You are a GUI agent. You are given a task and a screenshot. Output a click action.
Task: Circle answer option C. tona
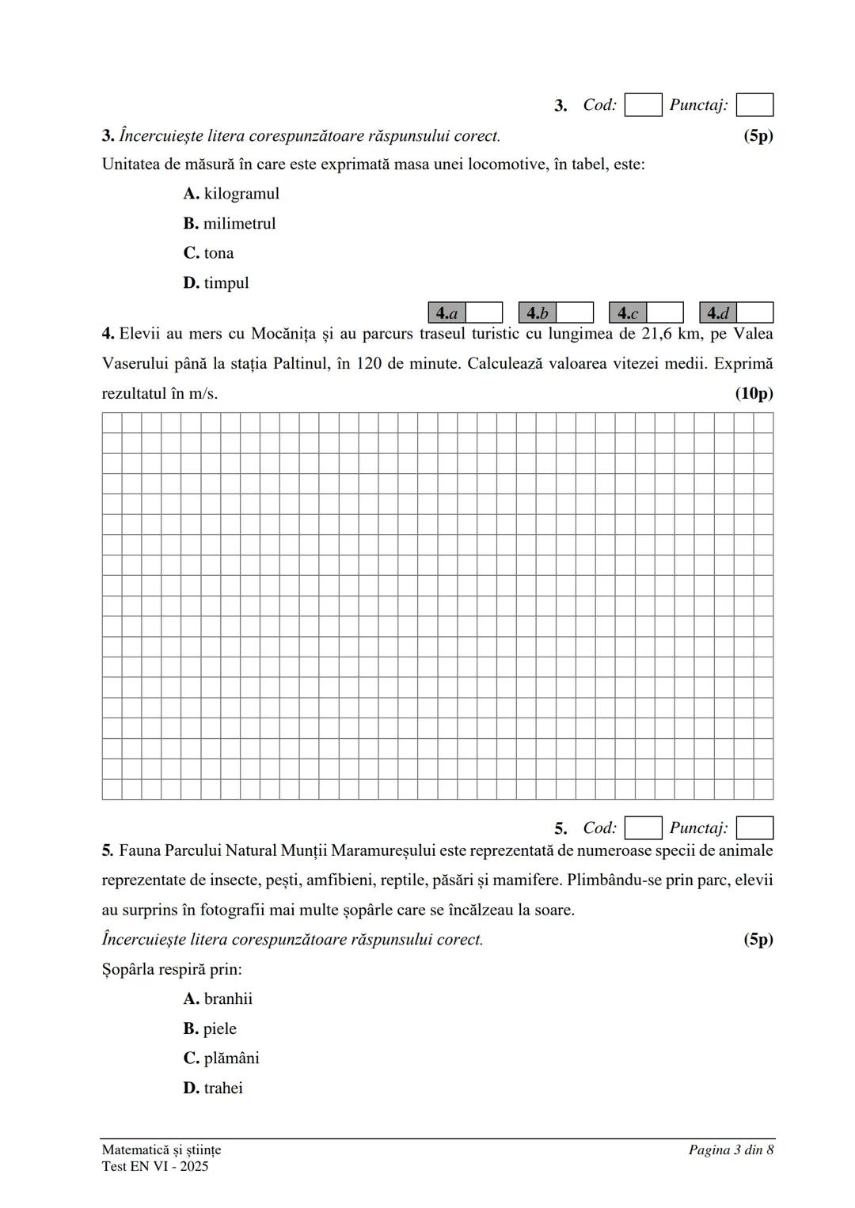(208, 253)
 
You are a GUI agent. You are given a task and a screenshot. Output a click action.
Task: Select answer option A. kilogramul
(230, 194)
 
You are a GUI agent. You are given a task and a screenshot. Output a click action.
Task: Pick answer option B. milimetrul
(229, 224)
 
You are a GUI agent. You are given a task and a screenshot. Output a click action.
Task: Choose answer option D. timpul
(215, 283)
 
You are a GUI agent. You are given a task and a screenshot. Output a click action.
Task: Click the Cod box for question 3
(643, 105)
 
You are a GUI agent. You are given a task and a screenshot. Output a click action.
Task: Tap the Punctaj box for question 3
(754, 105)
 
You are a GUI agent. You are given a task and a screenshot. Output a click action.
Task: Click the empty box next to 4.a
(484, 312)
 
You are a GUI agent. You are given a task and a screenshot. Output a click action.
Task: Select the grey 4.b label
(538, 312)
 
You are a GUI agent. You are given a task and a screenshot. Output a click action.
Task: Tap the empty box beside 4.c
(665, 312)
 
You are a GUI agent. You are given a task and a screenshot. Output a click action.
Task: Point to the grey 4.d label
(718, 312)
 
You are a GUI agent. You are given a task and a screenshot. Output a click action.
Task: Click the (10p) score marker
(754, 393)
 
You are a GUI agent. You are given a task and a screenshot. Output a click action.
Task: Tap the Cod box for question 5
(643, 828)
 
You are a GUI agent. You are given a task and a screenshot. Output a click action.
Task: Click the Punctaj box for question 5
(754, 828)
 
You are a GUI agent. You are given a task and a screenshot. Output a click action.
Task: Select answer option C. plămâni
(221, 1058)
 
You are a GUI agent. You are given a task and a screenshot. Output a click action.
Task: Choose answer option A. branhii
(218, 999)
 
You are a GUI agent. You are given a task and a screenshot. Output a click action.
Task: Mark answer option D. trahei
(213, 1089)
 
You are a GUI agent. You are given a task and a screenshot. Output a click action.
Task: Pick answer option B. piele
(210, 1029)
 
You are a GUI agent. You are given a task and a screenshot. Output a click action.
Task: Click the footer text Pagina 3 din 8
(731, 1149)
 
